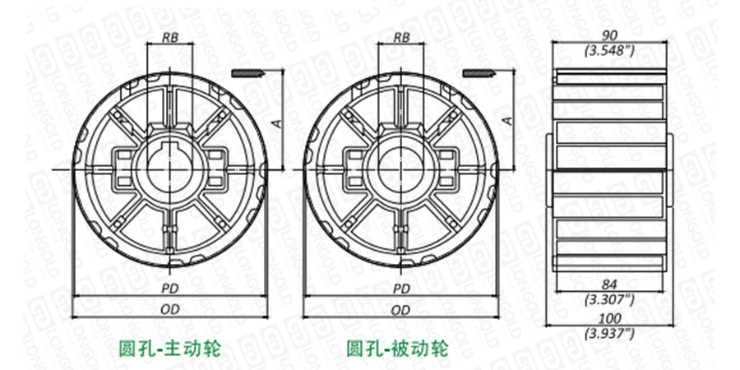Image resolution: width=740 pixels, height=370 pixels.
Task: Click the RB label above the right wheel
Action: point(401,37)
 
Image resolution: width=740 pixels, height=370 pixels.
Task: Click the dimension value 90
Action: point(609,36)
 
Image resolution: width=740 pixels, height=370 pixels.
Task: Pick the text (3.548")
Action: point(609,50)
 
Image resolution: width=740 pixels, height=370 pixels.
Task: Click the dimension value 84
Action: point(609,284)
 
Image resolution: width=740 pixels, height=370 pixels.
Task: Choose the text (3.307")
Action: point(609,298)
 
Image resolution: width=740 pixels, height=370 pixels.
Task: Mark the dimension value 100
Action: point(609,319)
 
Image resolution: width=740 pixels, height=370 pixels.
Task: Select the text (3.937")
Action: point(609,333)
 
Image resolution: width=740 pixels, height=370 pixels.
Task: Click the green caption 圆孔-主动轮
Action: point(170,347)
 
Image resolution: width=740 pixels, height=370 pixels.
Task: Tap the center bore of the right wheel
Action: point(401,169)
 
